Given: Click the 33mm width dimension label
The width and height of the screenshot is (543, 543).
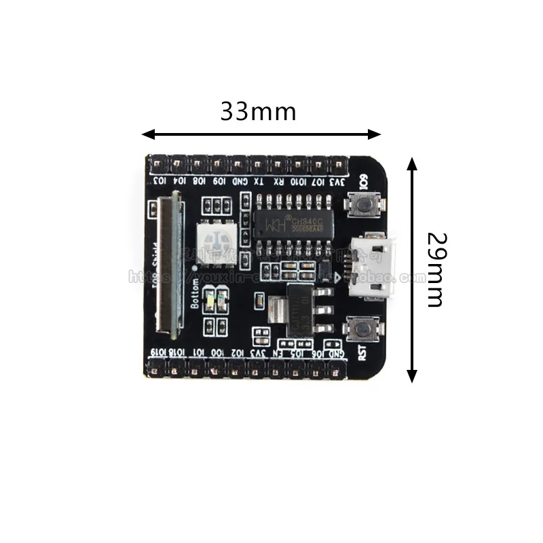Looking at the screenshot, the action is click(258, 111).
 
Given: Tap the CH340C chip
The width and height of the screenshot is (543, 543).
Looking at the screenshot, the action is click(291, 223).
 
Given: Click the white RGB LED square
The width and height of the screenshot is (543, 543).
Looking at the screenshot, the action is click(216, 241).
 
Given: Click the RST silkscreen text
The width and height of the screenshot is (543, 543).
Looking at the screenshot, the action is click(362, 354).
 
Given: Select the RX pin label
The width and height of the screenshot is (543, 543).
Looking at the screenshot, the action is click(278, 182).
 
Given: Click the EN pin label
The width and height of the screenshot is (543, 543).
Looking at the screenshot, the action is click(276, 353).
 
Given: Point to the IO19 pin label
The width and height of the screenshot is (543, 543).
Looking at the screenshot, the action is click(156, 353).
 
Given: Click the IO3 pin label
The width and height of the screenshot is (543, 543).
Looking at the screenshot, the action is click(159, 182).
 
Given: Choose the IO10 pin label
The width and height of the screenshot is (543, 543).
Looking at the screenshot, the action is click(298, 182).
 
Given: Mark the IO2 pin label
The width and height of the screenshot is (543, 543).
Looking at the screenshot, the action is click(236, 353).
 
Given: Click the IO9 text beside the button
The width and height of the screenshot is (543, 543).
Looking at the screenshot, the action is click(363, 183).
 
